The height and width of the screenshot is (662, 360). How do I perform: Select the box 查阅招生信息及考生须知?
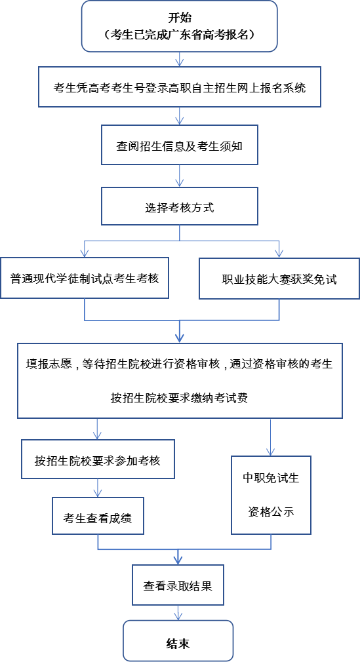(x=180, y=146)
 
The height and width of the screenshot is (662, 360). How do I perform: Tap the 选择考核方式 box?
(x=180, y=208)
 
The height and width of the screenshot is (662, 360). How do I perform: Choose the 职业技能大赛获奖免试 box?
(x=279, y=279)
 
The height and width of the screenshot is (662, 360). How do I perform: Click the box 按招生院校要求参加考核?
(x=98, y=460)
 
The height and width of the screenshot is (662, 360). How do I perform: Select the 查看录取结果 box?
(x=178, y=585)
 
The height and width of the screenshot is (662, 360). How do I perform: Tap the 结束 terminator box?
(x=178, y=642)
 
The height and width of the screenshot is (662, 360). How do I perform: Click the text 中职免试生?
(x=271, y=478)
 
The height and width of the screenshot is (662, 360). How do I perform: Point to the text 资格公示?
(x=271, y=512)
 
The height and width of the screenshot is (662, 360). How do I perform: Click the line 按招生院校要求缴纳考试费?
(x=179, y=398)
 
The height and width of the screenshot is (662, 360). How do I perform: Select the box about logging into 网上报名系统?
(x=180, y=87)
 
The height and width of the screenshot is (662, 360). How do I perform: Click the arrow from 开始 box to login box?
(x=180, y=60)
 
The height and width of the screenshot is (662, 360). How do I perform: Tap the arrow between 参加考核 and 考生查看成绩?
(x=98, y=488)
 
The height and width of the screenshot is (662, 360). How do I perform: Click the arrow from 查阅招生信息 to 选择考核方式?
(x=180, y=177)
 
